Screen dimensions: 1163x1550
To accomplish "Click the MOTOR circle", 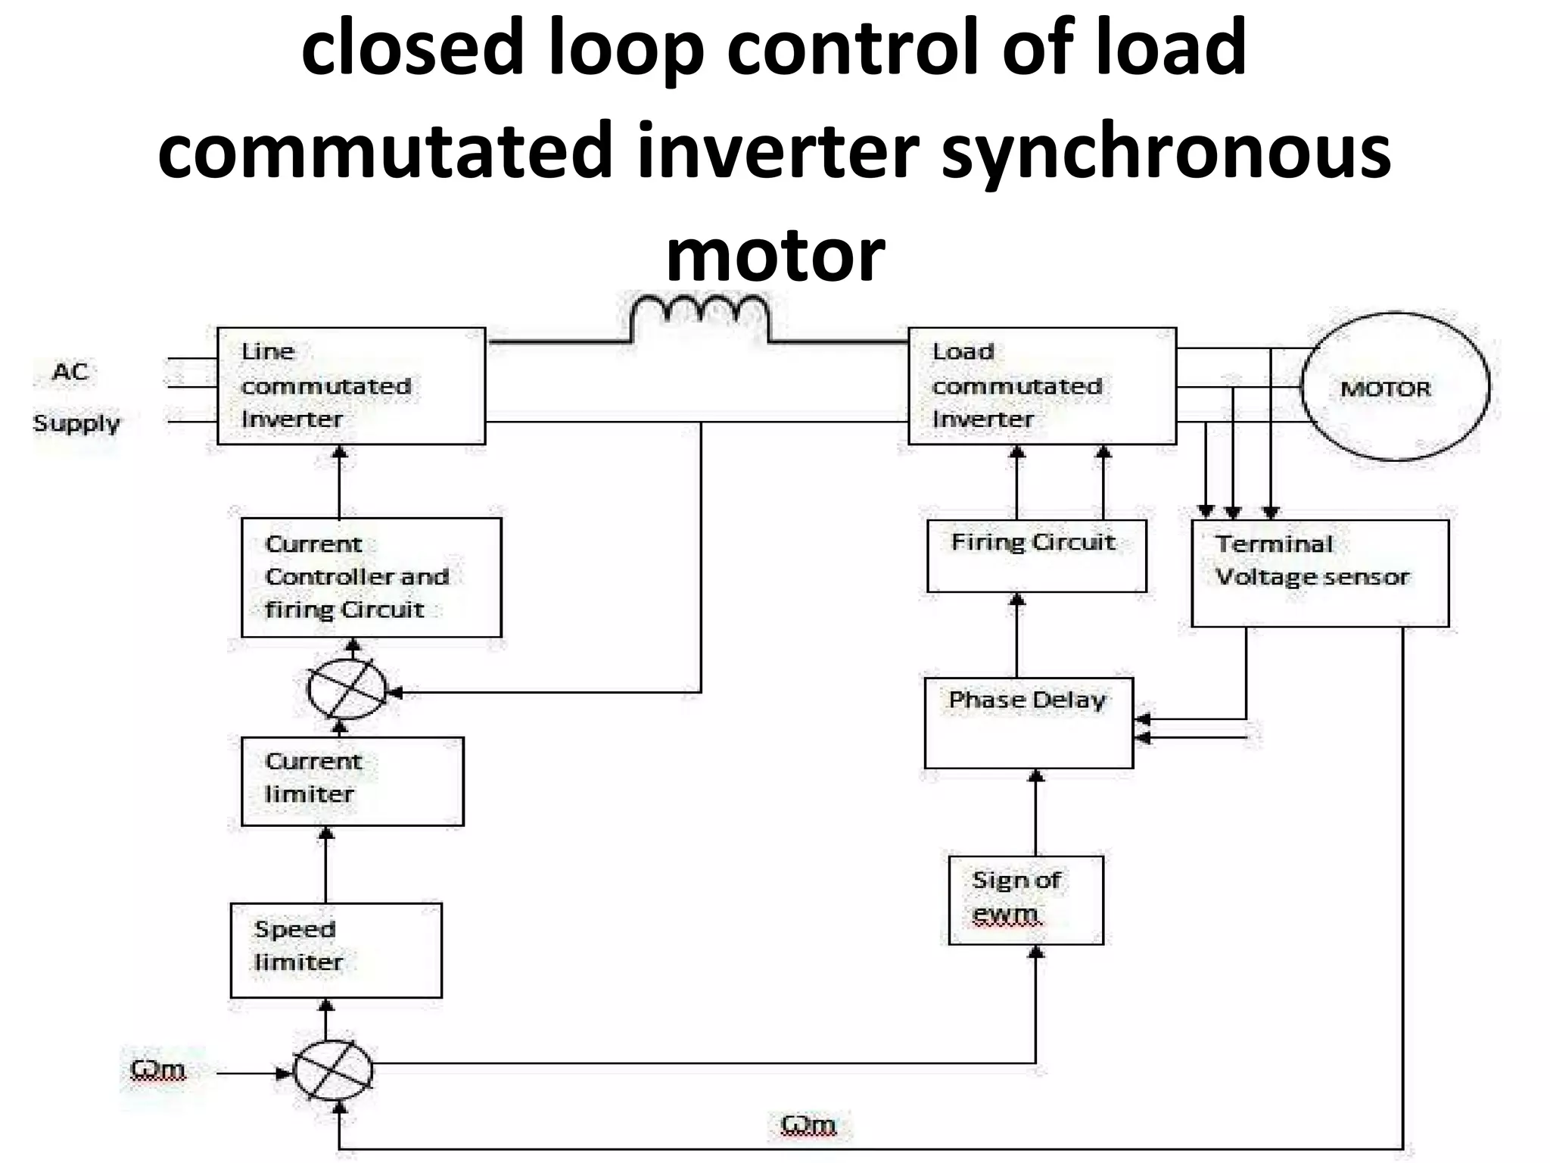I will pos(1394,387).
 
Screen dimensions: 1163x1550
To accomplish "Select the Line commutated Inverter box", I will pos(350,385).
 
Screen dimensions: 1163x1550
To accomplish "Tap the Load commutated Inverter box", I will pos(1041,385).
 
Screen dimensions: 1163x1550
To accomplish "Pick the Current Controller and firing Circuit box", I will pos(371,577).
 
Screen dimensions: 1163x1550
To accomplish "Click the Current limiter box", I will pos(352,781).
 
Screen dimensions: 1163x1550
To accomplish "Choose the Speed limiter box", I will pos(336,949).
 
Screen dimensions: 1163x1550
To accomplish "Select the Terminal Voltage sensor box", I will pos(1319,572).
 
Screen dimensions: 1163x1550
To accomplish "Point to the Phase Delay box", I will pos(1029,722).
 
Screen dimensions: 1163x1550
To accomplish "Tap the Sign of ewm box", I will pos(1026,900).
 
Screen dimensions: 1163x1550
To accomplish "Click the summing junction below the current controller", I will pos(347,689).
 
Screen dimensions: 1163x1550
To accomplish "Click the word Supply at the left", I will pos(76,423).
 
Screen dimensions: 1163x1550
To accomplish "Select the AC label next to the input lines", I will pos(70,372).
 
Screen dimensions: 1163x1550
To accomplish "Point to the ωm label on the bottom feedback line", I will pos(808,1124).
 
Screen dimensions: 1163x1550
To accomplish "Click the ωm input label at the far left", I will pos(157,1069).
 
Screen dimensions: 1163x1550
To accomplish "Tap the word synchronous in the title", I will pos(1166,151).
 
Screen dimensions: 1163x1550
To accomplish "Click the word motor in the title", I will pos(775,254).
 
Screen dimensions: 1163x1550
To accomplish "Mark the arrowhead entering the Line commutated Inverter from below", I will pos(340,453).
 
